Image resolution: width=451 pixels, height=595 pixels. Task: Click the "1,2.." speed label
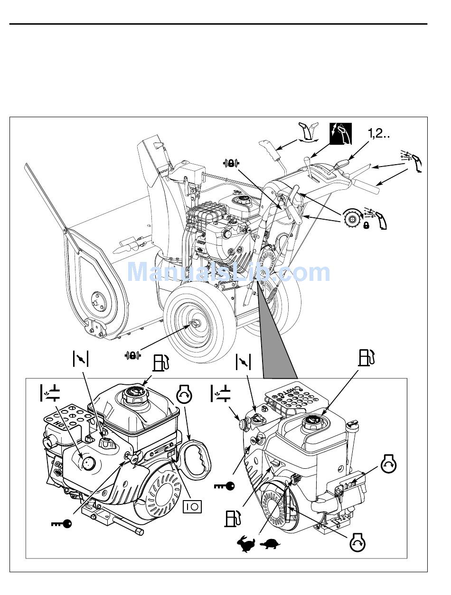379,135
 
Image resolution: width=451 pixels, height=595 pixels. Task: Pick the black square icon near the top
341,134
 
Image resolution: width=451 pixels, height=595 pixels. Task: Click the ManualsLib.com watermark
229,272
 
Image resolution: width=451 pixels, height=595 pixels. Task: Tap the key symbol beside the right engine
224,486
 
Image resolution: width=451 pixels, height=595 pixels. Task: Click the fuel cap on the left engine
133,395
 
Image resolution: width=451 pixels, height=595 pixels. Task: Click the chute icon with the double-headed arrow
307,132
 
